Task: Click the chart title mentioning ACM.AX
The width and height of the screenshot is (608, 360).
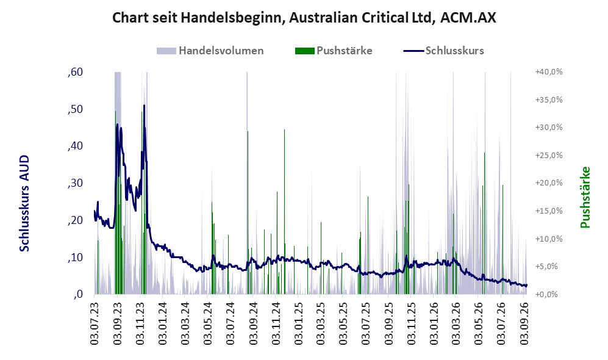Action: click(x=304, y=18)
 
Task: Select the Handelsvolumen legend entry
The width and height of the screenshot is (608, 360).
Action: click(x=210, y=51)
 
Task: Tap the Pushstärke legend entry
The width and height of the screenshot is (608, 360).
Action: click(x=334, y=51)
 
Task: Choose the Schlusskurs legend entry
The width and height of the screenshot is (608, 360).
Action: click(x=443, y=51)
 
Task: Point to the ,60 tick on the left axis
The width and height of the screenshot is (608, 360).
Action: click(x=75, y=72)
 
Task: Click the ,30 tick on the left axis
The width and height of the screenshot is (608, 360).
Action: click(x=75, y=183)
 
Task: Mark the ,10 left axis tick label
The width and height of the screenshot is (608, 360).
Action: click(x=75, y=257)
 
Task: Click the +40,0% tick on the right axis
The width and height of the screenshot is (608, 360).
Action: click(x=549, y=72)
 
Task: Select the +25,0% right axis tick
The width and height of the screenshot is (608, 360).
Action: click(x=549, y=155)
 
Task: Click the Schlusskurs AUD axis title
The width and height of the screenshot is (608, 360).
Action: click(x=24, y=203)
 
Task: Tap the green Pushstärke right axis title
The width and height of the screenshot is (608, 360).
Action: click(x=585, y=198)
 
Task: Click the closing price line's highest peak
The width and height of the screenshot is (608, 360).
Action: click(x=145, y=105)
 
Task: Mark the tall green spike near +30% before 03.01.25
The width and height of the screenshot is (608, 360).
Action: click(x=284, y=211)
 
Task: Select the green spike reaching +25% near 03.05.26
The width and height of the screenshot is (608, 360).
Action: click(x=484, y=223)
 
